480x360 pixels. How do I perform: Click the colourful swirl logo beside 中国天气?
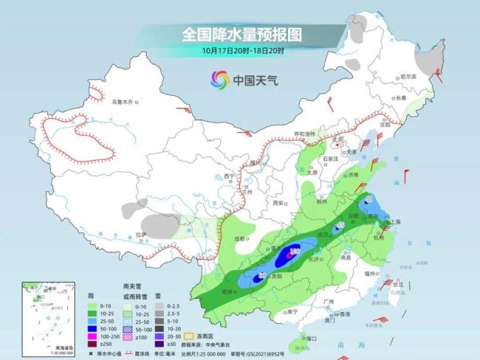[219, 79]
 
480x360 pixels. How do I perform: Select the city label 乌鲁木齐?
[123, 102]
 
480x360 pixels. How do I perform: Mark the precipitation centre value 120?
[294, 252]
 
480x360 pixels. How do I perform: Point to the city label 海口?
[310, 338]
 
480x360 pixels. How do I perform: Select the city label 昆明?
[226, 291]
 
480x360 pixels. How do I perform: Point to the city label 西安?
[278, 202]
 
